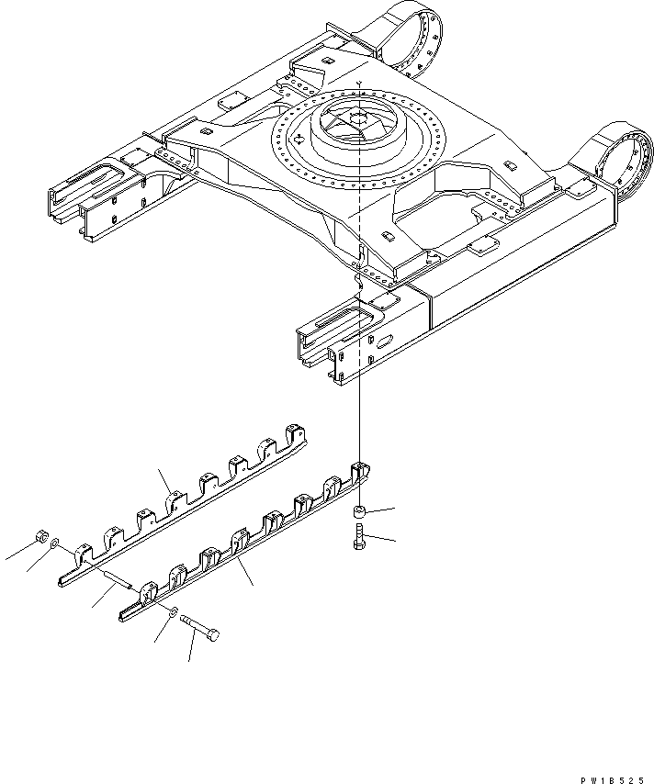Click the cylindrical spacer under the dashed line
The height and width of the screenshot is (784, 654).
(x=360, y=511)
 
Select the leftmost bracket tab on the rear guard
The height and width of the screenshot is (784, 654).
(x=81, y=554)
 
